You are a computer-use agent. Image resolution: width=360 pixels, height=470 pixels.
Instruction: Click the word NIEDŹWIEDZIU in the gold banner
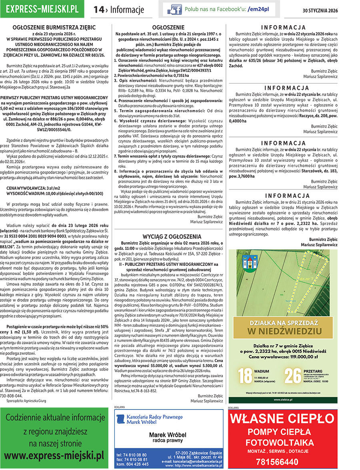tap(284, 331)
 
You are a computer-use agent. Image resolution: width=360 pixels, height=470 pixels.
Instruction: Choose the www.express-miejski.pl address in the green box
tap(54, 455)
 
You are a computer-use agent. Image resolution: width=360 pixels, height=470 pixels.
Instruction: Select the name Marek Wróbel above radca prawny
tap(168, 435)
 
